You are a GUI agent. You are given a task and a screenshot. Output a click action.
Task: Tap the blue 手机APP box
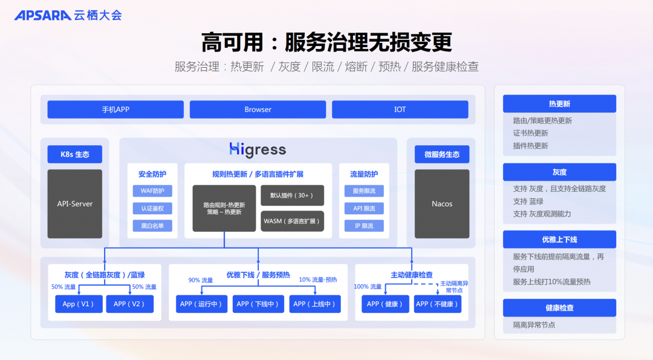(115, 110)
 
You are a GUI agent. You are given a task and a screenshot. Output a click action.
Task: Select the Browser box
(258, 110)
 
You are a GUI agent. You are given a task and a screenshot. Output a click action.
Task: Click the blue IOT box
(400, 110)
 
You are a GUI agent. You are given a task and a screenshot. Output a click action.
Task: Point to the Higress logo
(258, 149)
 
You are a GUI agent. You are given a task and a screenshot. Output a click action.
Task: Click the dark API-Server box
(75, 204)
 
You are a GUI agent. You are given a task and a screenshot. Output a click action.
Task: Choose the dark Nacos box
(442, 204)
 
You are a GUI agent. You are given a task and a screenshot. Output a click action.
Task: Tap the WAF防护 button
(152, 191)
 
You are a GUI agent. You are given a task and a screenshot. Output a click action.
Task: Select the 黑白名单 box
(152, 226)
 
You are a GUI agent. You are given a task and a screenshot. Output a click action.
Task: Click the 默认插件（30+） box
(293, 195)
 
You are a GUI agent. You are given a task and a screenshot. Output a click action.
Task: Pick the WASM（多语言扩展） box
(293, 221)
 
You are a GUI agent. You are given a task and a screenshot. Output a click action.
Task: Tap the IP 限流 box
(364, 226)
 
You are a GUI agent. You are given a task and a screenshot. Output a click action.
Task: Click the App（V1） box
(79, 304)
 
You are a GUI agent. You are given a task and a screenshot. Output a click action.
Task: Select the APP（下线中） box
(258, 304)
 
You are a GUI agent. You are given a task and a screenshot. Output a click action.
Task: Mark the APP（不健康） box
(437, 304)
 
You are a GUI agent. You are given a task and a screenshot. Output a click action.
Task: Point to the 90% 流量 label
(201, 280)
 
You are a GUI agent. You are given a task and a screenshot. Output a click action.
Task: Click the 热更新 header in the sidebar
(559, 104)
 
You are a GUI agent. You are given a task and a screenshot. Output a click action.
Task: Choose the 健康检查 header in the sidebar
(559, 308)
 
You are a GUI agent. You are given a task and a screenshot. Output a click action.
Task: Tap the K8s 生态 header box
(75, 154)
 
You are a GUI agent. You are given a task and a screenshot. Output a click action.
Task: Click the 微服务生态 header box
(442, 154)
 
